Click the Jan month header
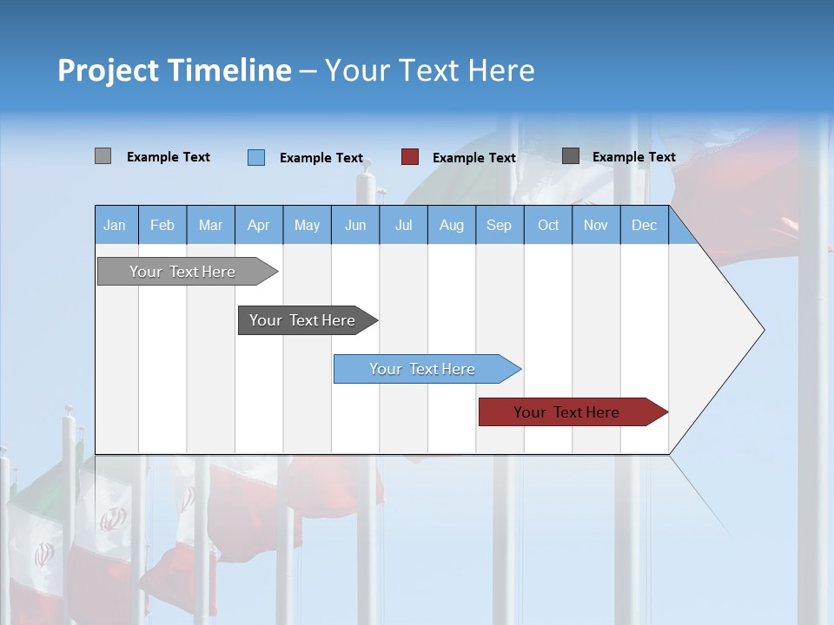(x=115, y=225)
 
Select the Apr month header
(x=258, y=225)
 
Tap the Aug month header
(x=451, y=225)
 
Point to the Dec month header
(x=644, y=225)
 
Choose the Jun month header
(x=354, y=225)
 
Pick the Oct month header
(x=547, y=225)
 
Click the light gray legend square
(x=103, y=156)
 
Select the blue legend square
(x=255, y=157)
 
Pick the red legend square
(x=410, y=157)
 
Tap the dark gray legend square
(x=571, y=156)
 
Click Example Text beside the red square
(x=473, y=158)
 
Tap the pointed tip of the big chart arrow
(x=762, y=330)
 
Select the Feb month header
(x=162, y=225)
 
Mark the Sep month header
(x=499, y=225)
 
